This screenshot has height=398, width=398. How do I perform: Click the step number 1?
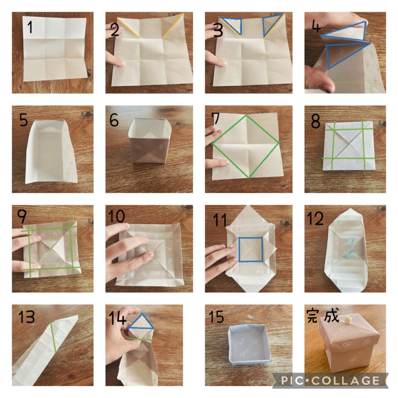point(30,27)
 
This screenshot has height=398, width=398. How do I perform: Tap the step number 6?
point(114,120)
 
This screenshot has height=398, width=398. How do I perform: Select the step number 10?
point(117,216)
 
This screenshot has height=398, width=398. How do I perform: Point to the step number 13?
point(26,317)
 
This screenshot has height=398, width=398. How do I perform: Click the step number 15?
point(216,317)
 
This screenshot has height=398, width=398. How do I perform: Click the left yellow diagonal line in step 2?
point(128,28)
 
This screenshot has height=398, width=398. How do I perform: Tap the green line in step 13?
point(53,338)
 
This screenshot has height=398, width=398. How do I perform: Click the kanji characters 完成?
point(323,316)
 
